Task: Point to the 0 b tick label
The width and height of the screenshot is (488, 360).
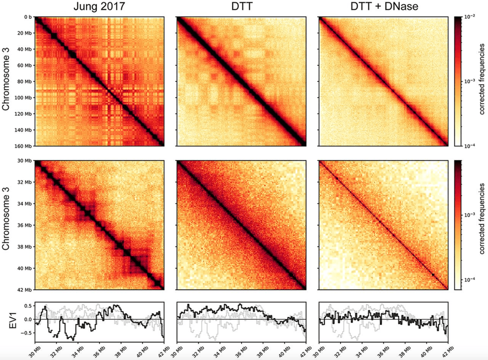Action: tap(28, 17)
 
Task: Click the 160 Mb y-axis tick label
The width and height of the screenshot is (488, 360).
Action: tap(24, 146)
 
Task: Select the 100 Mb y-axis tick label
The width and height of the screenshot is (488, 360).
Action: tap(24, 98)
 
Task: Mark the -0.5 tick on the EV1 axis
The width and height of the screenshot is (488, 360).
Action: tap(27, 333)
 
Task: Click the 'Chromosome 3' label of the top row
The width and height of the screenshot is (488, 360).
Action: tap(8, 81)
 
